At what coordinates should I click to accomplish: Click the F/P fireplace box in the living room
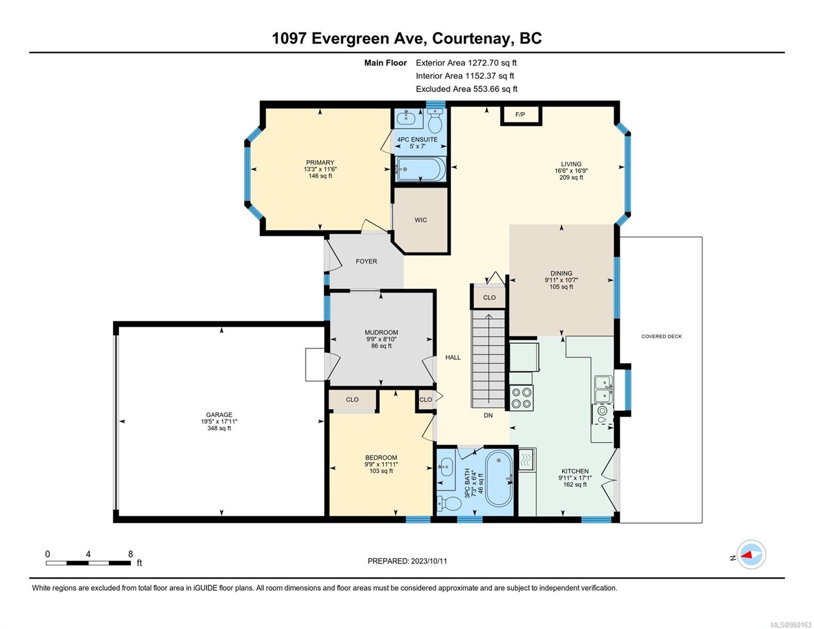(x=520, y=115)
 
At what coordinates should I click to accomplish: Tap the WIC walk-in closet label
(x=420, y=220)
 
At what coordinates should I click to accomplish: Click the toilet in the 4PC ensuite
(x=435, y=122)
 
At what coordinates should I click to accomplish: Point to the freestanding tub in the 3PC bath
(x=498, y=479)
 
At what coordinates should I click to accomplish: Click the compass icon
(x=751, y=554)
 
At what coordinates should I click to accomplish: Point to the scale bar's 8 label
(x=131, y=554)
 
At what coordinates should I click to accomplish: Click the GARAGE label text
(x=219, y=415)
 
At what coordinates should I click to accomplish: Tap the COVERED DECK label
(x=661, y=337)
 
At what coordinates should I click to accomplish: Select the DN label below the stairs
(x=488, y=416)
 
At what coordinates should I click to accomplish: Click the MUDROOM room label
(x=381, y=332)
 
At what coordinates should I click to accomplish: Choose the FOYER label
(x=366, y=261)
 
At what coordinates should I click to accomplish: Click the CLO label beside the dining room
(x=489, y=298)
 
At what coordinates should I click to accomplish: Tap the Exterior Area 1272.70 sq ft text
(x=466, y=63)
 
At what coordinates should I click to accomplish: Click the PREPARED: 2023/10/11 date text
(x=407, y=561)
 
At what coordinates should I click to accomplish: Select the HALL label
(x=453, y=357)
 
